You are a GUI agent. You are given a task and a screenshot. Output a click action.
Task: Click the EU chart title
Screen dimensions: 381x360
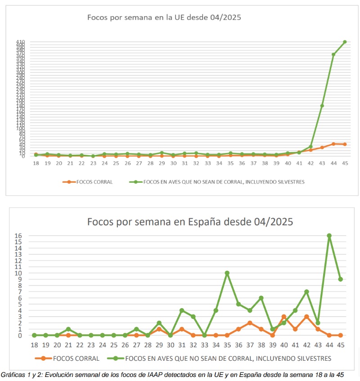point(164,18)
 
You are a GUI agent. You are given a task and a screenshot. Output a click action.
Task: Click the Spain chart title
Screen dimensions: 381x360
point(190,221)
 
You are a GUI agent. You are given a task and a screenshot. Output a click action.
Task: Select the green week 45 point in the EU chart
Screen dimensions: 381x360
point(345,42)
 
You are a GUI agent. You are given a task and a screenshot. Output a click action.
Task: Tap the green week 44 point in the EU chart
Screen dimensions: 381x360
point(333,54)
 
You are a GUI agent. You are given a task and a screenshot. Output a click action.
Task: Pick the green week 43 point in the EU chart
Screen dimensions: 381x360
point(322,106)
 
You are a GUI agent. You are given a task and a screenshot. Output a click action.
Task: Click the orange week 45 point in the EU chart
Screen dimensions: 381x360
point(345,144)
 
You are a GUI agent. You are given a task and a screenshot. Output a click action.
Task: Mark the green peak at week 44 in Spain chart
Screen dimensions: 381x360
point(329,235)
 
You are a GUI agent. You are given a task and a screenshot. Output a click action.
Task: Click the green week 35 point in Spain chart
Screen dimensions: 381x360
point(227,273)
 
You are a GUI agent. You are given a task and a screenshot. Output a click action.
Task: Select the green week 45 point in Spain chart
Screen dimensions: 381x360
point(341,279)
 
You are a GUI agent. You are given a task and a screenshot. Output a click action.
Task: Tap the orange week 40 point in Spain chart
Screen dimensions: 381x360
point(284,317)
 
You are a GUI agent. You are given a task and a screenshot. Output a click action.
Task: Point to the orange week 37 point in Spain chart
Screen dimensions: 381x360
point(250,323)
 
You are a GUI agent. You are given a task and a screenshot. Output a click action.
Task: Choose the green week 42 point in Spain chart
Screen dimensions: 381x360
point(306,291)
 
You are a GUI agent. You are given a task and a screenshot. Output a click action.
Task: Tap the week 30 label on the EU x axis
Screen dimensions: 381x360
point(173,163)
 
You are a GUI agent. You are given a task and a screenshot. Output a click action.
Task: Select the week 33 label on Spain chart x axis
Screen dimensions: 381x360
point(204,345)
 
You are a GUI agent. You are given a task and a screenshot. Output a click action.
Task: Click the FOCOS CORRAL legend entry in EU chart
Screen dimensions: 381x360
point(92,182)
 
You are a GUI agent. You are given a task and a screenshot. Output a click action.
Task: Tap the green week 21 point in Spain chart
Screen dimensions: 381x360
point(68,329)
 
